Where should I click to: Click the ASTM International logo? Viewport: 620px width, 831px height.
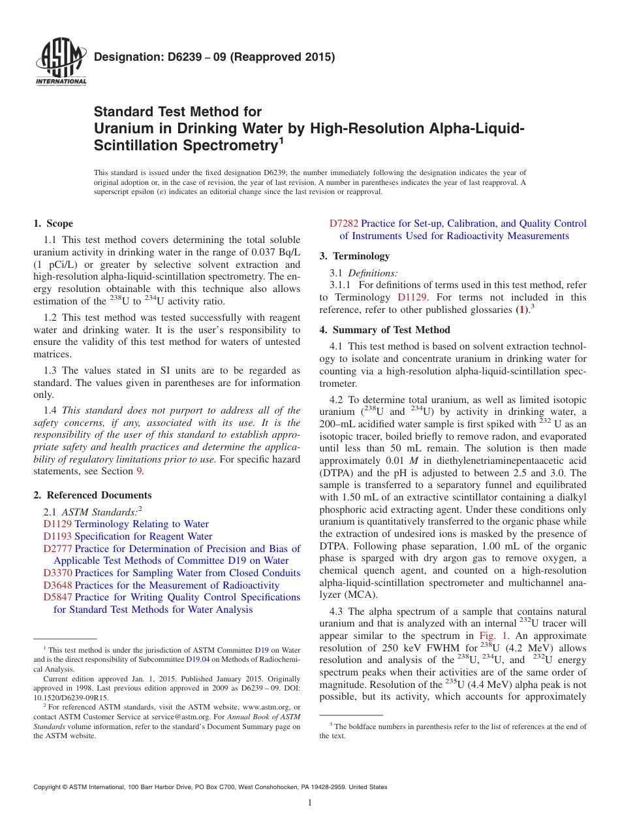tap(61, 64)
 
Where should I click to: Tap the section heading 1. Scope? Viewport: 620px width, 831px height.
tap(53, 223)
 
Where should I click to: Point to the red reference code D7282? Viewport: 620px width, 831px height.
tap(344, 223)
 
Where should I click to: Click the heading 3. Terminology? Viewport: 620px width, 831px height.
tap(354, 256)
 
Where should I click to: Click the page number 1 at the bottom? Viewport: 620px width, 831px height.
tap(310, 803)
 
